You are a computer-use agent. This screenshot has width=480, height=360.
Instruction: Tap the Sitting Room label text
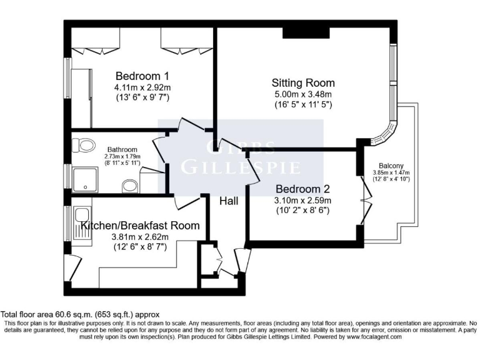[302, 82]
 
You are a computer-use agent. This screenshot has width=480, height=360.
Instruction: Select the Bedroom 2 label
[302, 188]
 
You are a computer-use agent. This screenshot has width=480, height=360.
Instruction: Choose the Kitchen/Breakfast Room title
[140, 226]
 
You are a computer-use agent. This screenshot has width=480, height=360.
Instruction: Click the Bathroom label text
[122, 149]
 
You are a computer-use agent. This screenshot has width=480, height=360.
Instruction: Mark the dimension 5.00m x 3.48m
[302, 94]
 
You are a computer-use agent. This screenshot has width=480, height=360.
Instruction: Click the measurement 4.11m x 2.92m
[142, 87]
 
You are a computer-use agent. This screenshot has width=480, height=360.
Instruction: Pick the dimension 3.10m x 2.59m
[302, 200]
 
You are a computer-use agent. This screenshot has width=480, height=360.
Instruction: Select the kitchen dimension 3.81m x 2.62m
[140, 237]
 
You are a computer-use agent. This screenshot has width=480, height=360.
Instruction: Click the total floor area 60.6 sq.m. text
[81, 314]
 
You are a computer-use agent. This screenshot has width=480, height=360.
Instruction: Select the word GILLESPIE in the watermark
[241, 167]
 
